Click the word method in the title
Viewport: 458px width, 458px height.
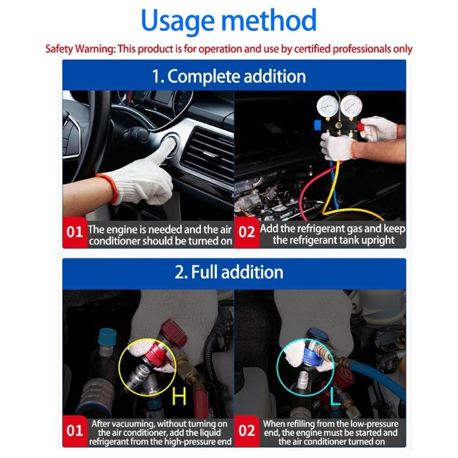click(270, 21)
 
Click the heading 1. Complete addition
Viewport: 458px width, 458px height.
click(228, 76)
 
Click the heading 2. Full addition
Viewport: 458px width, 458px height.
click(228, 271)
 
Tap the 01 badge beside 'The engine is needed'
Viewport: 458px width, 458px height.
click(75, 233)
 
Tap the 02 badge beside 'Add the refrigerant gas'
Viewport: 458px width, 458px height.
click(246, 233)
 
